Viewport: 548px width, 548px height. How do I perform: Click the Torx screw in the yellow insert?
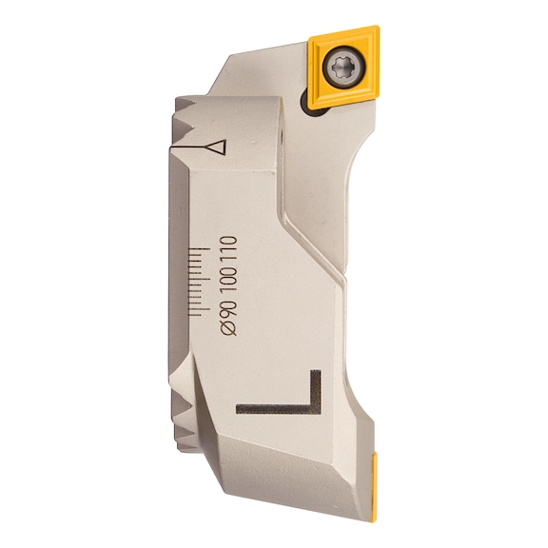tap(343, 67)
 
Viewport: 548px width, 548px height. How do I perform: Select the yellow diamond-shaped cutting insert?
tap(343, 67)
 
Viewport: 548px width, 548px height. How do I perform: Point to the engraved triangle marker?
tap(217, 147)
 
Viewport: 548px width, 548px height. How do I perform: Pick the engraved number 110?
tap(228, 249)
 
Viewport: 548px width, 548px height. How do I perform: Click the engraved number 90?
tap(228, 311)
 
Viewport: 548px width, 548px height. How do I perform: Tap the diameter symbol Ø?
tap(229, 329)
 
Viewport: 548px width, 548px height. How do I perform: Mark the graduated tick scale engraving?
tap(199, 283)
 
